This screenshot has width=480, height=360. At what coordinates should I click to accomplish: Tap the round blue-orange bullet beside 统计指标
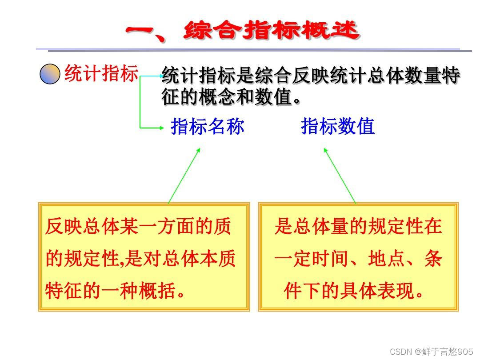click(50, 74)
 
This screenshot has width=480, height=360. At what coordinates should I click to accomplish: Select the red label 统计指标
click(101, 73)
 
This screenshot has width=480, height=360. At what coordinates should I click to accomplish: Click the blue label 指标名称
click(208, 127)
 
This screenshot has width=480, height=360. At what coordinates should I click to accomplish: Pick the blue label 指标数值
click(338, 127)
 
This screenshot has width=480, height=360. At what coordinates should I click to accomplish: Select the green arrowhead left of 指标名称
click(161, 128)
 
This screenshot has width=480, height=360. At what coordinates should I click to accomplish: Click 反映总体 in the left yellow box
click(82, 227)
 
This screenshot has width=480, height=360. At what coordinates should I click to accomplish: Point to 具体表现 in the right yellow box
click(377, 291)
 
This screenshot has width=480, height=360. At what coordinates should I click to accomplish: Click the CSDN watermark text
click(431, 352)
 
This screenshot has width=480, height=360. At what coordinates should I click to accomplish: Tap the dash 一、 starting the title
click(147, 32)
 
